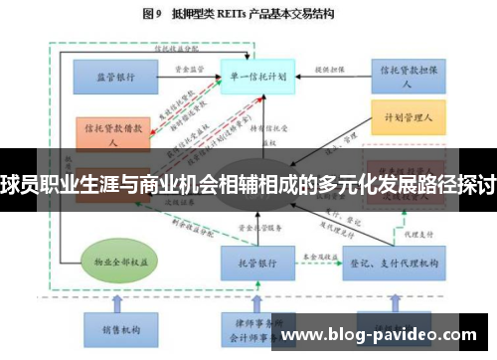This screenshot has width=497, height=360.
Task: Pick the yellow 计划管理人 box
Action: [x=407, y=118]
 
